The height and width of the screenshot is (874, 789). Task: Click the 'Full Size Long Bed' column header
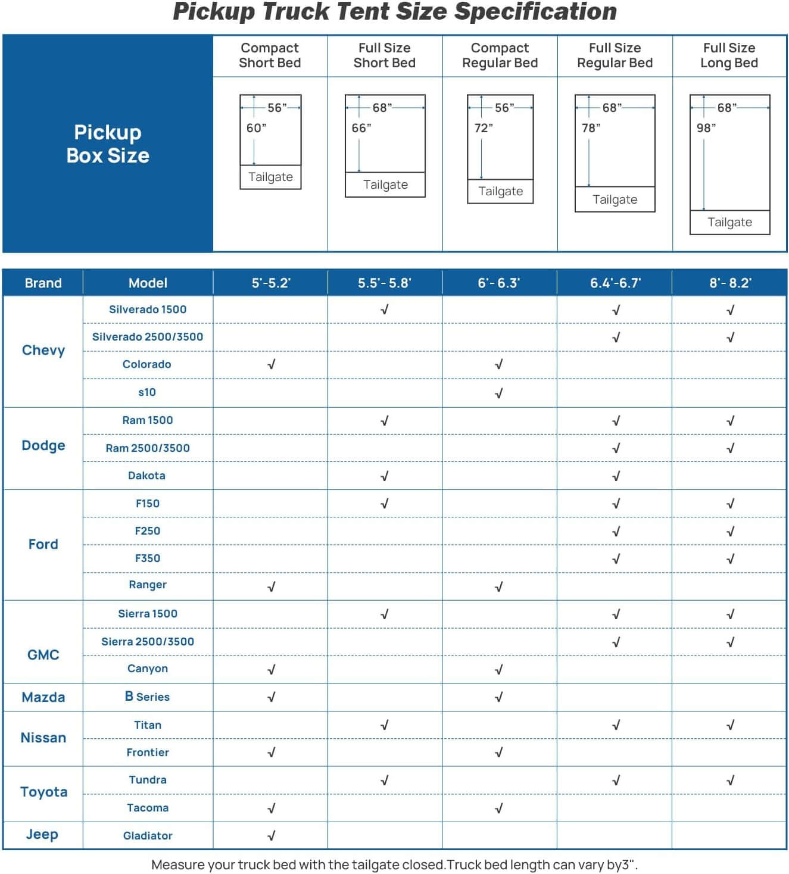point(729,55)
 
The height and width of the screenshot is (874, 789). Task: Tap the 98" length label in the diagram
point(706,128)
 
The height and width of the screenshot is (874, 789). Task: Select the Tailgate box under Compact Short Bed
point(270,177)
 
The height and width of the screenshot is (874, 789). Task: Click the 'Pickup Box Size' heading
point(108,143)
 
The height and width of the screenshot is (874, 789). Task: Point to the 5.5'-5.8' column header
point(384,283)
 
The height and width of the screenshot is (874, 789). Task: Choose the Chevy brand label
point(43,350)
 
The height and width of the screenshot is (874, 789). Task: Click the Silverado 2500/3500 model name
point(148,337)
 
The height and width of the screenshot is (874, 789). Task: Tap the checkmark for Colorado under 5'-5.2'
point(271,364)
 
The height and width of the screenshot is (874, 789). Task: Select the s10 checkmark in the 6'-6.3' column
point(499,393)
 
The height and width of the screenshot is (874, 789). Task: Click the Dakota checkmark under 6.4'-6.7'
point(616,476)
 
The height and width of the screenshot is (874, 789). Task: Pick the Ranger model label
point(148,585)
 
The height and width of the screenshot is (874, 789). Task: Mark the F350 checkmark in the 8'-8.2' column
point(730,559)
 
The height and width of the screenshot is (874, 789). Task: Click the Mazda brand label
point(43,697)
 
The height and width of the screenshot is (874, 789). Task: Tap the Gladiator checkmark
point(271,836)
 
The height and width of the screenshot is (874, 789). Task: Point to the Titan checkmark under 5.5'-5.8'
point(384,725)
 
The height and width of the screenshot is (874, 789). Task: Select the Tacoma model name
point(148,808)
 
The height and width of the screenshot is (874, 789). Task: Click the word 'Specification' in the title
point(535,12)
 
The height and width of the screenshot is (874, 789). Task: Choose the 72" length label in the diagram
point(483,128)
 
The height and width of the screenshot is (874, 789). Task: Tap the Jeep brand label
point(42,835)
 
